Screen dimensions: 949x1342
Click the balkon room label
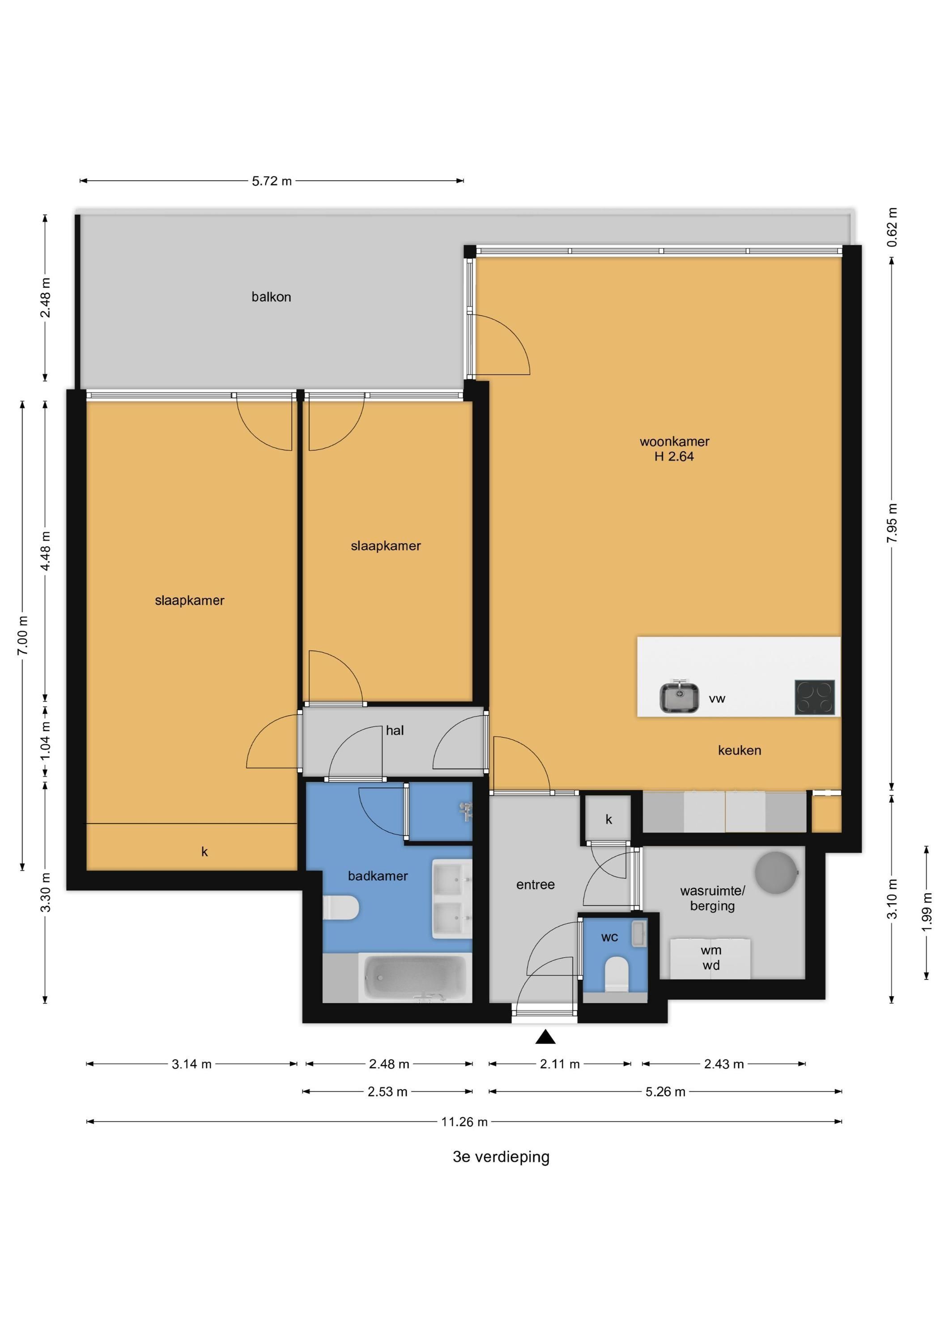(271, 297)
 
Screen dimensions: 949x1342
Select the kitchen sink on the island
(679, 697)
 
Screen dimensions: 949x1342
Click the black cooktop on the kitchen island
(814, 697)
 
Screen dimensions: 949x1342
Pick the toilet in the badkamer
(341, 908)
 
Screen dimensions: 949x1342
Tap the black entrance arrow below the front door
(545, 1037)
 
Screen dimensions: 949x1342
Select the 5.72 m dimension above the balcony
(272, 181)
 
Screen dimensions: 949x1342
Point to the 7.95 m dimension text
(892, 522)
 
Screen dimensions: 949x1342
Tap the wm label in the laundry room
(711, 951)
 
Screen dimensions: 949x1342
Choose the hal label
(395, 730)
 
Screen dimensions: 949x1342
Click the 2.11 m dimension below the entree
(560, 1064)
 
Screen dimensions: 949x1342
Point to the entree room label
(536, 885)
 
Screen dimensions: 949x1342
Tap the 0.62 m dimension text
(892, 227)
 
